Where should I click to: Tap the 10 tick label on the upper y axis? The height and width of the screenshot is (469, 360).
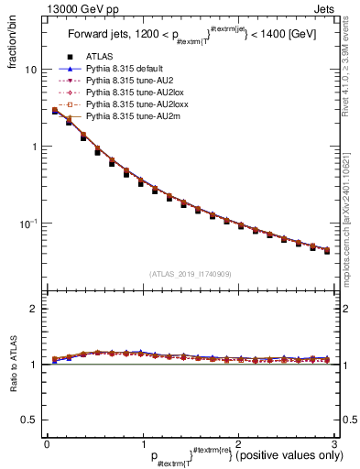[31, 70]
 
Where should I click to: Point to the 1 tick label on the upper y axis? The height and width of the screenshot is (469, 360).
[34, 147]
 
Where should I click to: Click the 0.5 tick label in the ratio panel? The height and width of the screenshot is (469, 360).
[29, 420]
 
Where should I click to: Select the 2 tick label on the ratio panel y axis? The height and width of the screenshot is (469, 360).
[34, 309]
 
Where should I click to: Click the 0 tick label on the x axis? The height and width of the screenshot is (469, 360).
[46, 442]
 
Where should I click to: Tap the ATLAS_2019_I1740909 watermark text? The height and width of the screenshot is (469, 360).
[189, 273]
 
